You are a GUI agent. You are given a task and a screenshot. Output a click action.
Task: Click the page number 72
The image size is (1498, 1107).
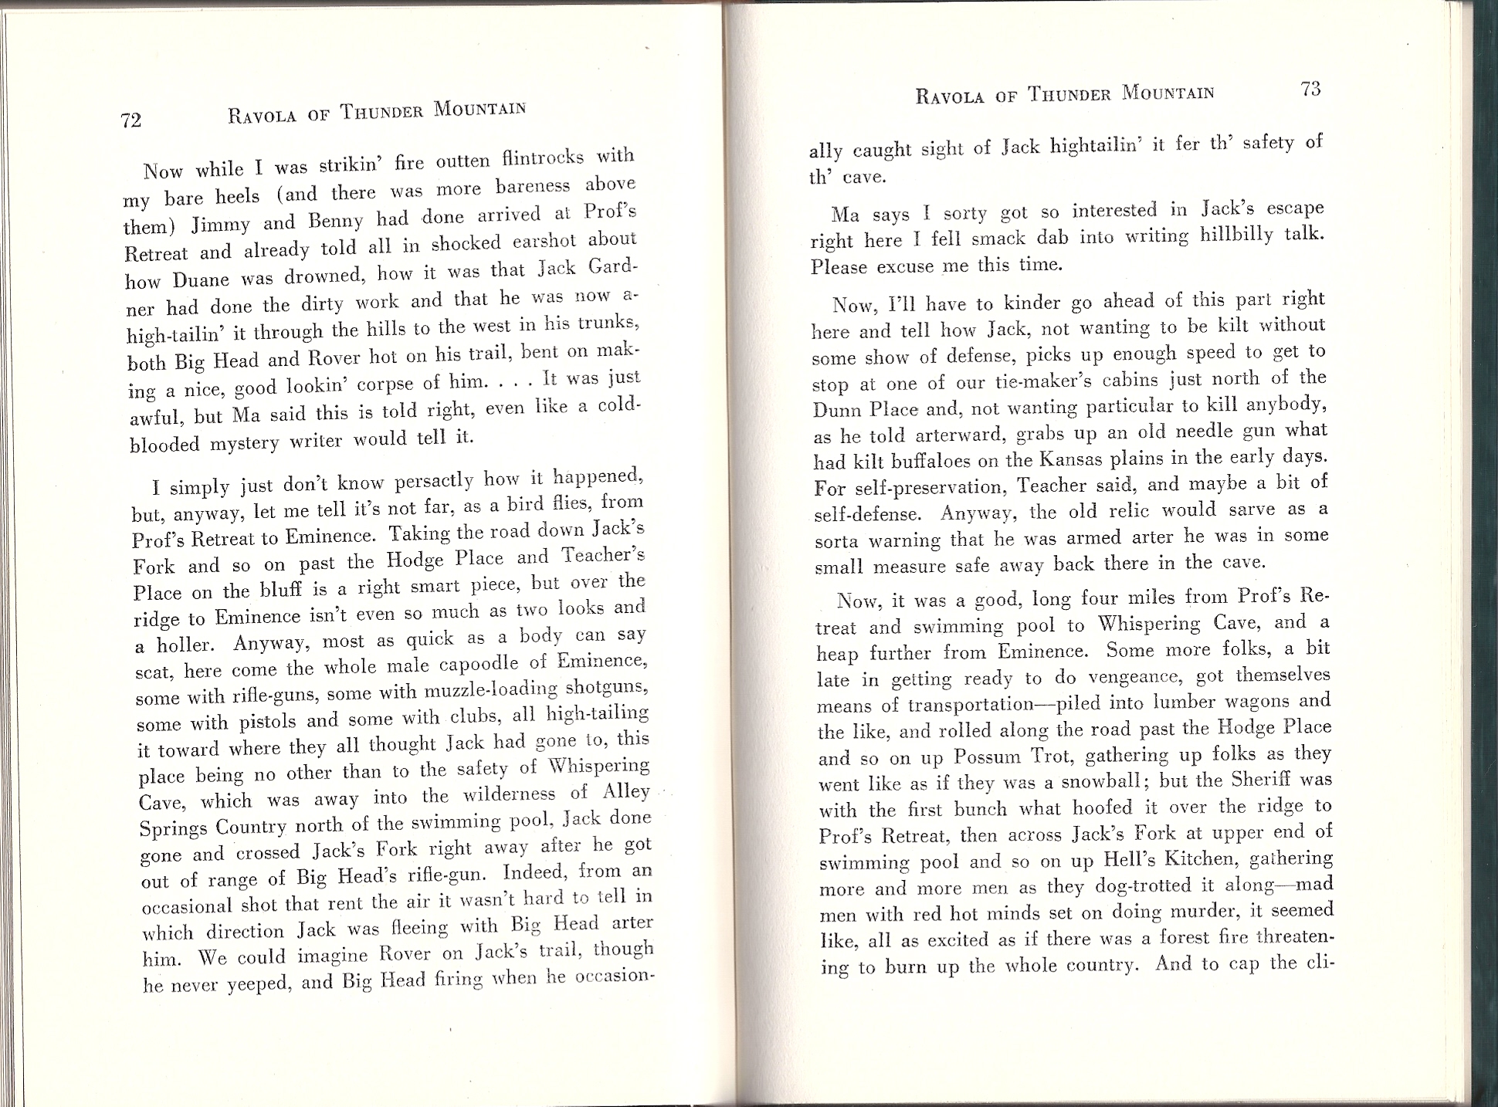131,120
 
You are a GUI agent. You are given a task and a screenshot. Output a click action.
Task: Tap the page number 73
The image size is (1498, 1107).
1310,89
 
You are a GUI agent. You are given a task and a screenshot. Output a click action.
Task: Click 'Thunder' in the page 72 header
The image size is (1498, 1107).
381,112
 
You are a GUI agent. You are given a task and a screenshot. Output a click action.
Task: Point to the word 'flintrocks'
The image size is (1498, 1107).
542,158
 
